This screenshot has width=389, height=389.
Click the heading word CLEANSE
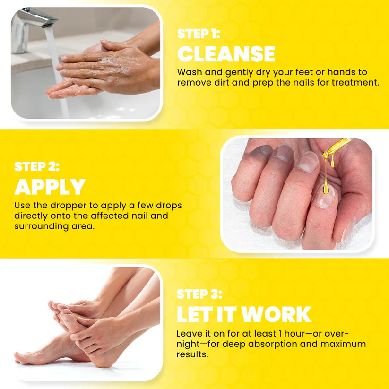tap(226, 54)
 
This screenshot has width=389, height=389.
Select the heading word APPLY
tap(50, 188)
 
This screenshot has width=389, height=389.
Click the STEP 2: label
tap(37, 166)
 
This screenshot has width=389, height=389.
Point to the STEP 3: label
tap(199, 294)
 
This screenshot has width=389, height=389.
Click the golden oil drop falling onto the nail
tap(327, 189)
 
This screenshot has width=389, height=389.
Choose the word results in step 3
tap(192, 354)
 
